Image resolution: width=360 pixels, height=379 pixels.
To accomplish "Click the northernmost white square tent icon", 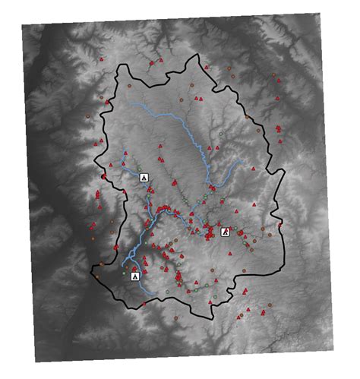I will pyautogui.click(x=144, y=177).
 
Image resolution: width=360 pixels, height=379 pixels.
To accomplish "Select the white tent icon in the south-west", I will pyautogui.click(x=134, y=276).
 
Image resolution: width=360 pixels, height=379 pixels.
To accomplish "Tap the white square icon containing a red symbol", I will pyautogui.click(x=225, y=232).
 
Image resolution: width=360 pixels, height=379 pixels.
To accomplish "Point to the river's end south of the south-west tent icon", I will pyautogui.click(x=155, y=292).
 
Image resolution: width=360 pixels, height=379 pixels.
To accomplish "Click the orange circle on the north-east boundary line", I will pyautogui.click(x=247, y=115).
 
